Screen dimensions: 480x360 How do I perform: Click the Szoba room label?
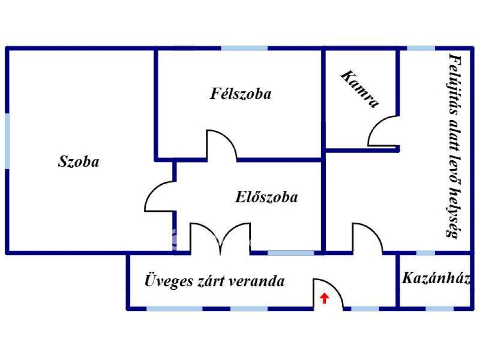coord(79,161)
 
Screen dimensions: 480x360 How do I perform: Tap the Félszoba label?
coord(240,93)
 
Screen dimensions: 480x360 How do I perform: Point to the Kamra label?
coord(360,89)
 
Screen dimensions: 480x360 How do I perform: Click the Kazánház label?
coord(436,278)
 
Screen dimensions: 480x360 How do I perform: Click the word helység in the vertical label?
coord(453,213)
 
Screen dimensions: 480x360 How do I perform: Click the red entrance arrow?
coord(324,298)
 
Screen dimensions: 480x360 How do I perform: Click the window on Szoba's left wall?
coord(7,141)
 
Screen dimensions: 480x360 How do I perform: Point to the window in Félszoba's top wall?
coord(244,48)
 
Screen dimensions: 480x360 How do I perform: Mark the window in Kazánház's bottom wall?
coord(440,308)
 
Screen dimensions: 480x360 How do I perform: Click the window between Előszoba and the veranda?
coord(291,253)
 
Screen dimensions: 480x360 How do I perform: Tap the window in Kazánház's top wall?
coord(426,253)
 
